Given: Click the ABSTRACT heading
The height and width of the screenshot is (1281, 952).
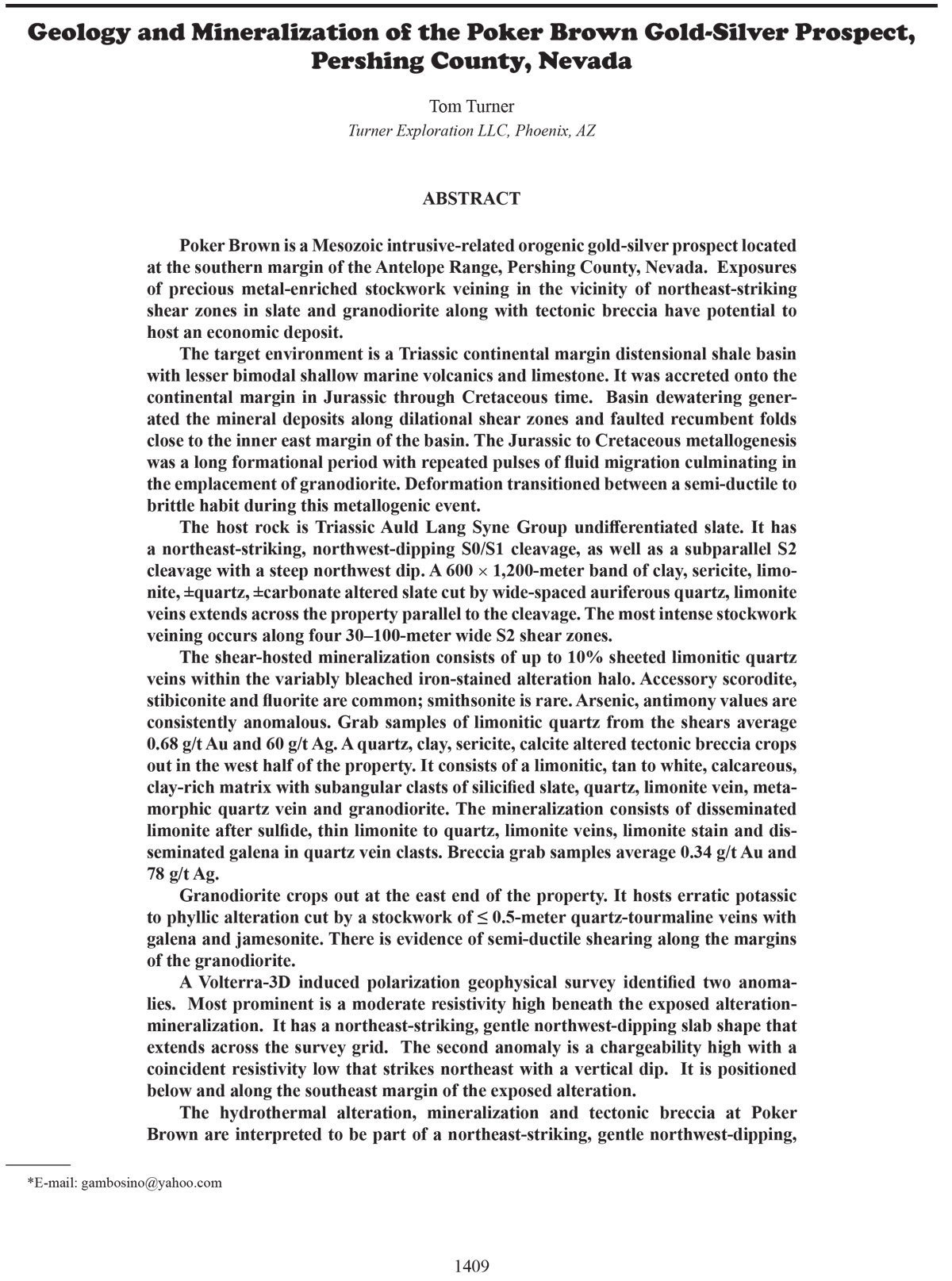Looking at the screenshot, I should pyautogui.click(x=471, y=198).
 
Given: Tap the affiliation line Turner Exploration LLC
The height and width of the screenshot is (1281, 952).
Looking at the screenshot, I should pyautogui.click(x=471, y=131).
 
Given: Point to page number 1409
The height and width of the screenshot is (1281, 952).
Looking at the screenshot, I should pyautogui.click(x=471, y=1265).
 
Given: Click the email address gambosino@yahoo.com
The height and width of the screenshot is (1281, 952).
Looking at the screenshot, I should pyautogui.click(x=151, y=1183).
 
